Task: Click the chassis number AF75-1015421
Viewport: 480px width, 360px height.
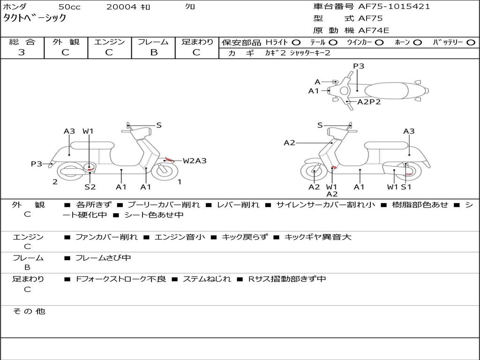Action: (394, 7)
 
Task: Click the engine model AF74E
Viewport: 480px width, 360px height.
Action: (374, 30)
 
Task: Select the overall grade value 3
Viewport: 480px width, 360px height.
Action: (22, 52)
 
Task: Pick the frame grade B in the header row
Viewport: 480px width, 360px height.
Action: (154, 52)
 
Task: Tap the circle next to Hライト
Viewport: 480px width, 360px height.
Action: (296, 43)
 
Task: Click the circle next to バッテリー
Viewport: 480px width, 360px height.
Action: (471, 43)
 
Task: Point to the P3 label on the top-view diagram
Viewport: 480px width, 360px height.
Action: (359, 66)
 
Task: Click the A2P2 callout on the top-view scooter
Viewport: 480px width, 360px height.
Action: (369, 102)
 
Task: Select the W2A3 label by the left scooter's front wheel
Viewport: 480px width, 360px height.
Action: (195, 160)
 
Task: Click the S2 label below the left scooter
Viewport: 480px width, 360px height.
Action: (90, 187)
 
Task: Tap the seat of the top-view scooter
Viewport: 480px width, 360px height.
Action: (386, 91)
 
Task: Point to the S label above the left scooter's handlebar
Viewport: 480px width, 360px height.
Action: (158, 125)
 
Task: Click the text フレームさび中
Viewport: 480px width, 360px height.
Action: (103, 258)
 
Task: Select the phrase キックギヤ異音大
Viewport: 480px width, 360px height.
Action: (318, 237)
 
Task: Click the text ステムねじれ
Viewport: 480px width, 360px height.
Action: (207, 279)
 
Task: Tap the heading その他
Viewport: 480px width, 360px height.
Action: (29, 311)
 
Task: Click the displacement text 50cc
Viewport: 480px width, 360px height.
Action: (69, 7)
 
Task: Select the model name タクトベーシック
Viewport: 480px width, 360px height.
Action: (34, 18)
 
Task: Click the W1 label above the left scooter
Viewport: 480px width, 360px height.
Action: (88, 131)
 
